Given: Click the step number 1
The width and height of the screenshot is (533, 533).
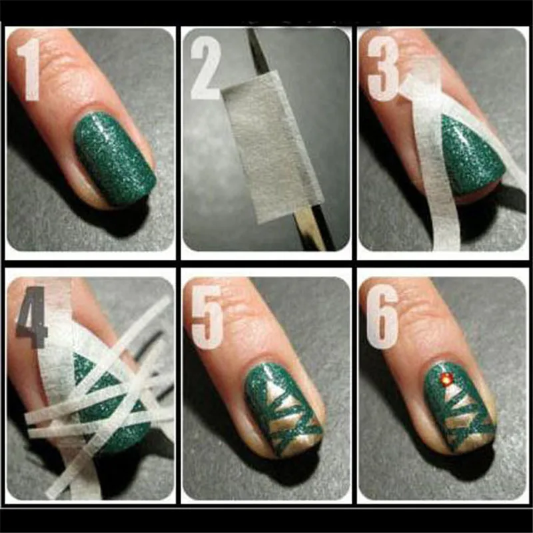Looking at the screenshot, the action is (31, 69).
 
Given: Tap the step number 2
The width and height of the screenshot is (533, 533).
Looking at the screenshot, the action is (206, 67).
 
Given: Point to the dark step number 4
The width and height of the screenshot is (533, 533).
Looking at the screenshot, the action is (31, 317).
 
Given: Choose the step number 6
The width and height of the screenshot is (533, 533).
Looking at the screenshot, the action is (382, 317).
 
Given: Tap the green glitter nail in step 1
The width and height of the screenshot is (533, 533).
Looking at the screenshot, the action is (115, 159).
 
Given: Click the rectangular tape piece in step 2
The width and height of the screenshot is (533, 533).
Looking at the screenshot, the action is (272, 147).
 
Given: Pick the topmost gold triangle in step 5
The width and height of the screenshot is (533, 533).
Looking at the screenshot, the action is (274, 390).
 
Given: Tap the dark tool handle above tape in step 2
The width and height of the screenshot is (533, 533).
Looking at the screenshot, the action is (256, 51).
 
